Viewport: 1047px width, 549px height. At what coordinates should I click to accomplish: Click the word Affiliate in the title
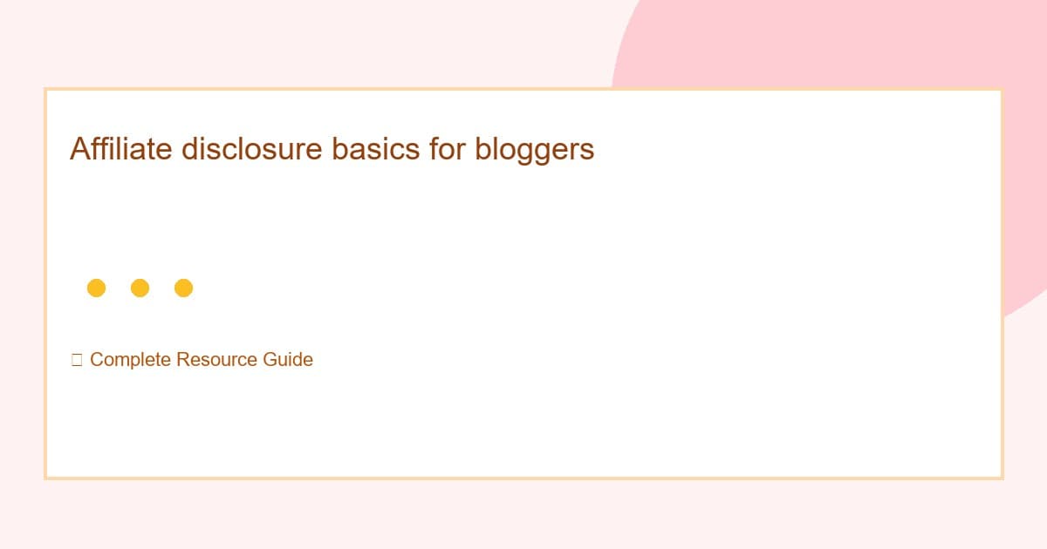(x=121, y=149)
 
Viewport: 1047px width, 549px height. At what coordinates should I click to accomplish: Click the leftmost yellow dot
(x=96, y=288)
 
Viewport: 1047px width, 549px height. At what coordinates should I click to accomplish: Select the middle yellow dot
(x=140, y=288)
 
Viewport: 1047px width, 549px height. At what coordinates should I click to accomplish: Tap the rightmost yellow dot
(x=183, y=288)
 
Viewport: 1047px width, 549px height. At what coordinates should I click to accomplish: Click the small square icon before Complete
(x=77, y=360)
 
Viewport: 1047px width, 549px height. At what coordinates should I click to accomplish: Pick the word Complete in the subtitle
(x=130, y=360)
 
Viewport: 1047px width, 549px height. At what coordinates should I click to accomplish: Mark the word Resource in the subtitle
(x=216, y=360)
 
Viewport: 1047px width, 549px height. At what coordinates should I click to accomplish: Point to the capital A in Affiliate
(x=79, y=149)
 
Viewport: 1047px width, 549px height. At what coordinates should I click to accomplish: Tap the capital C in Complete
(x=96, y=360)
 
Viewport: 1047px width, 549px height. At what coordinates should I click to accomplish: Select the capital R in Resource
(x=181, y=360)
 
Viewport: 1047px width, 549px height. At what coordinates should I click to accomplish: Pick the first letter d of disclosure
(x=189, y=149)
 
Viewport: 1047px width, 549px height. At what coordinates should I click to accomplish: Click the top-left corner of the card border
(x=45, y=89)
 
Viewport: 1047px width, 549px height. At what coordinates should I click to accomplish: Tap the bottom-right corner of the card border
(x=1002, y=478)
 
